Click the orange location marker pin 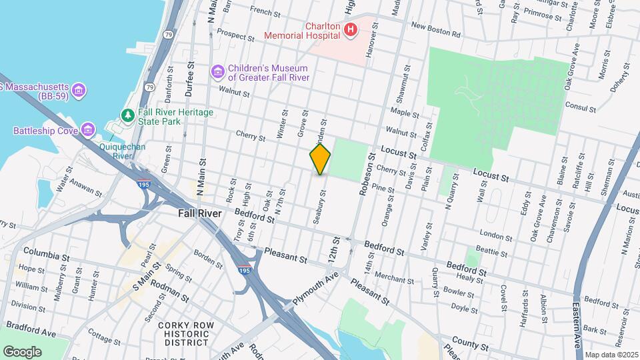320,159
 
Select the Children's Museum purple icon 217,71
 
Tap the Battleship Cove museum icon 88,129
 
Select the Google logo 22,351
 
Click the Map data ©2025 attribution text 611,354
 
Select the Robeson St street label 365,176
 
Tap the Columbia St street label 47,255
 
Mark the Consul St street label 579,105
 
